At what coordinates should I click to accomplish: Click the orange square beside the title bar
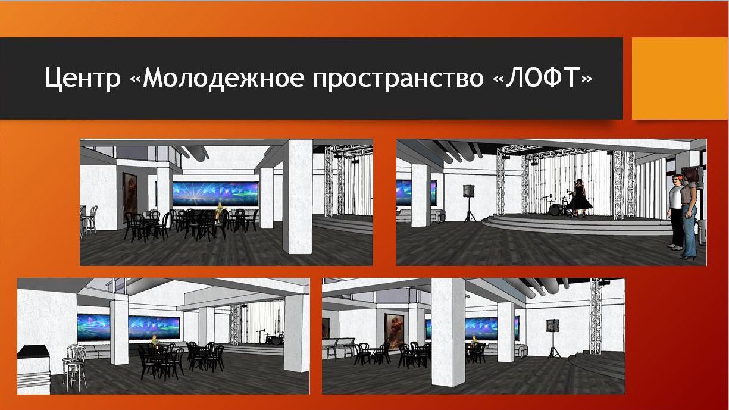[680, 79]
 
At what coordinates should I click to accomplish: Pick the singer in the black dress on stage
[580, 197]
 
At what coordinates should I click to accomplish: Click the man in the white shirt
[675, 211]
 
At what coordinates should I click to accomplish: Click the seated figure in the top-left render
[220, 211]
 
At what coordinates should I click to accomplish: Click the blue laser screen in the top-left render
[215, 194]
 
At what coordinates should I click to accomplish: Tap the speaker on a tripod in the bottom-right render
[553, 338]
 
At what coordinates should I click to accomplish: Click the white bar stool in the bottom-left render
[76, 368]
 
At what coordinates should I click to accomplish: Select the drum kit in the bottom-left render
[275, 339]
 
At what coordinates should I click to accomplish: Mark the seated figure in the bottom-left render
[154, 341]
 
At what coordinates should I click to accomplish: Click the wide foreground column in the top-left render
[298, 196]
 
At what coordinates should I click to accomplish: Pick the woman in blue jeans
[690, 213]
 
